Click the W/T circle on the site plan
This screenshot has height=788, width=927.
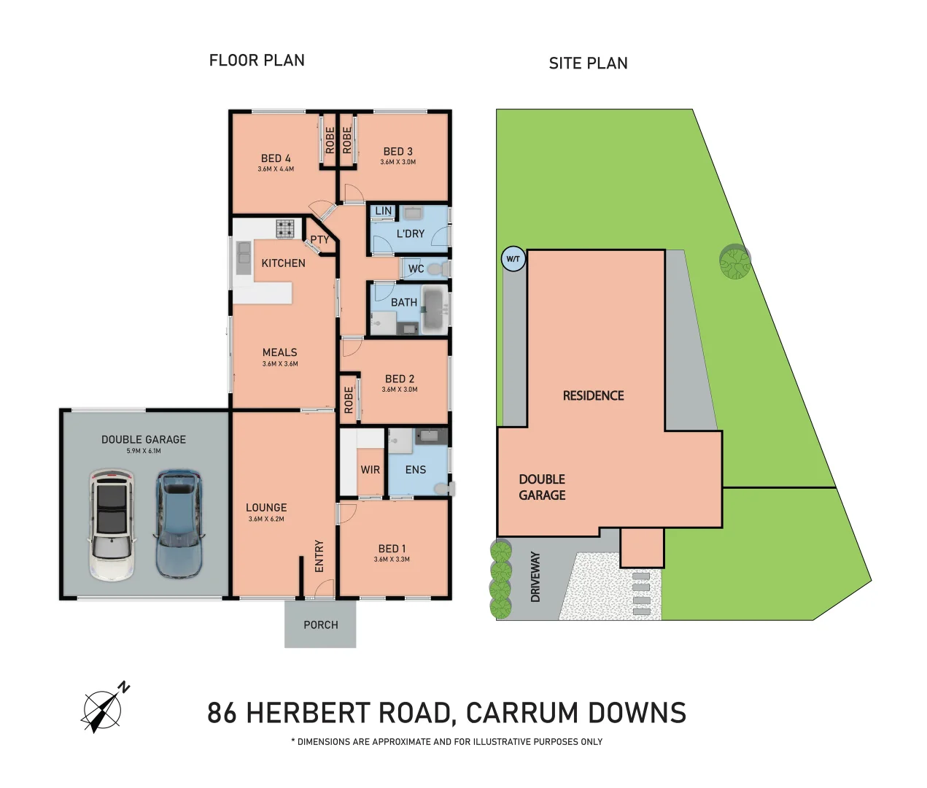(x=513, y=259)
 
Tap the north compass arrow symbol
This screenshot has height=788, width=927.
(x=103, y=709)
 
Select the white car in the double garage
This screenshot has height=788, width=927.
(x=112, y=525)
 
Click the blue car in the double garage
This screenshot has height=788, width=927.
(x=179, y=523)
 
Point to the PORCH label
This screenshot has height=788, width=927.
(x=321, y=625)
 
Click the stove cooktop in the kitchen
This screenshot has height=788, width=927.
(x=285, y=228)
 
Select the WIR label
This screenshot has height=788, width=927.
(x=371, y=470)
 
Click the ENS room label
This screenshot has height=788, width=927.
(x=416, y=470)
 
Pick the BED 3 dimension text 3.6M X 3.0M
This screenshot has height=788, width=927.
(x=398, y=162)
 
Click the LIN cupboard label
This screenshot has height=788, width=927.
(x=383, y=212)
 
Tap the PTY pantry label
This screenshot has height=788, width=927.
(x=319, y=239)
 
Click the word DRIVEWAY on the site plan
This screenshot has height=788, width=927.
(x=535, y=576)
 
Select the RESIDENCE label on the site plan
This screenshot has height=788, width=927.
(x=593, y=395)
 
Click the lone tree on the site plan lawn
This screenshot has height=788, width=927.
(x=734, y=262)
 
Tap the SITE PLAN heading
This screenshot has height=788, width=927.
(x=588, y=63)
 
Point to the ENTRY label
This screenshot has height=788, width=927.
(x=319, y=556)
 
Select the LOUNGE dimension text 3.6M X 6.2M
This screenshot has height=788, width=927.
(x=266, y=519)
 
